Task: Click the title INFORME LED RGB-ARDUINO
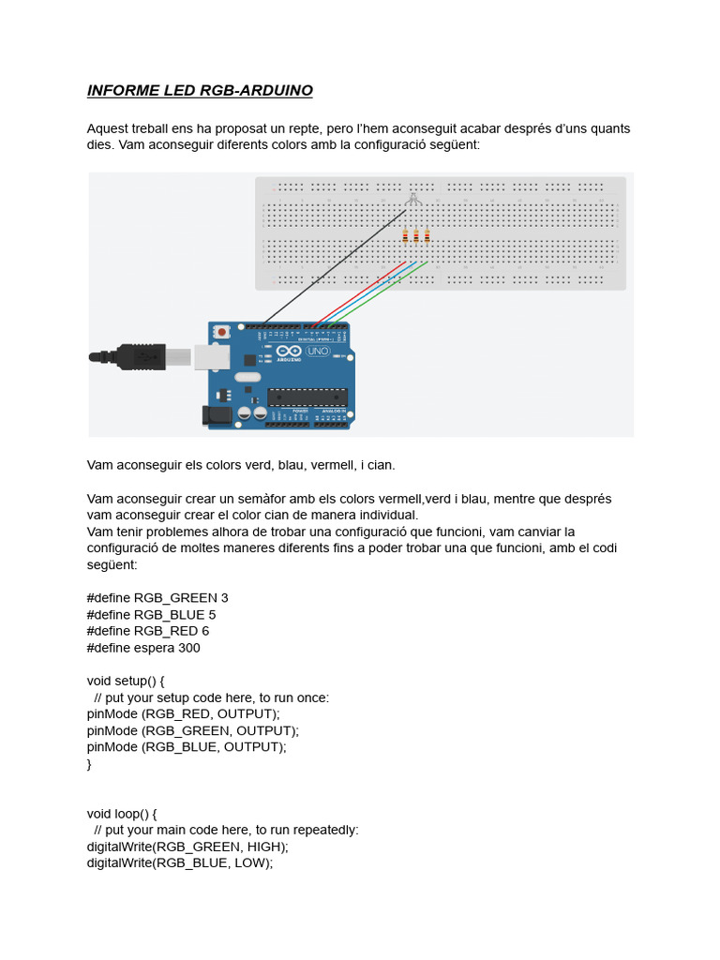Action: [200, 91]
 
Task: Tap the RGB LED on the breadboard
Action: [413, 199]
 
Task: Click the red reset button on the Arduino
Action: [222, 331]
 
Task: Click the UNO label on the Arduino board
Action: [319, 351]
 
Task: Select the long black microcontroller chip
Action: [307, 397]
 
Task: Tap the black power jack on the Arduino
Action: [217, 415]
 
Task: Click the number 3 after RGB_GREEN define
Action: [224, 598]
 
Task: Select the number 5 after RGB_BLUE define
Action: [212, 615]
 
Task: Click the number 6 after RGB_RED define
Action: [205, 632]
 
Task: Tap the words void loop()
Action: [119, 814]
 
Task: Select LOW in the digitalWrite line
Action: [250, 863]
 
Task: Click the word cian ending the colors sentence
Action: [380, 465]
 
